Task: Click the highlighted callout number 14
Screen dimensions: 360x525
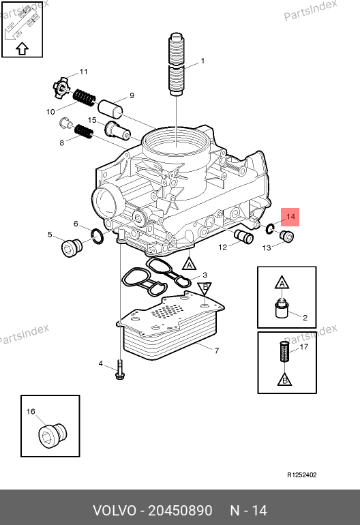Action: (290, 217)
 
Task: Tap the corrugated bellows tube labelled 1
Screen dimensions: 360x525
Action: (176, 64)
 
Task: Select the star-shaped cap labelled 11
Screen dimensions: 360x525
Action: (61, 87)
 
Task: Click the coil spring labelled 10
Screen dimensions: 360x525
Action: (84, 97)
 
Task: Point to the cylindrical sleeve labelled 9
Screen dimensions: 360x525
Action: (110, 109)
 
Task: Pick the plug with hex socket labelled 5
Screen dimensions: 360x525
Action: (72, 247)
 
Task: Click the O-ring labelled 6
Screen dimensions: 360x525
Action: (97, 237)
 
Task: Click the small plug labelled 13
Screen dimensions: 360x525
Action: (286, 237)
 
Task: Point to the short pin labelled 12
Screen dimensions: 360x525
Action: (244, 237)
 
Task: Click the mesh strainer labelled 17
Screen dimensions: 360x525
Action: (284, 351)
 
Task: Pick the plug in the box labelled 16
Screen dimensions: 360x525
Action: (52, 435)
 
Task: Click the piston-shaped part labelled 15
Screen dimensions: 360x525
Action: (117, 130)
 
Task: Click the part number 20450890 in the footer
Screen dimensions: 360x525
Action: (180, 511)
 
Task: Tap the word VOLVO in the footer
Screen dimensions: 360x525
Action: (115, 511)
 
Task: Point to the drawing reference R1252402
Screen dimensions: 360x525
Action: (302, 475)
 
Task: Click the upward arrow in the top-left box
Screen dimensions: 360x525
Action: (22, 48)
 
